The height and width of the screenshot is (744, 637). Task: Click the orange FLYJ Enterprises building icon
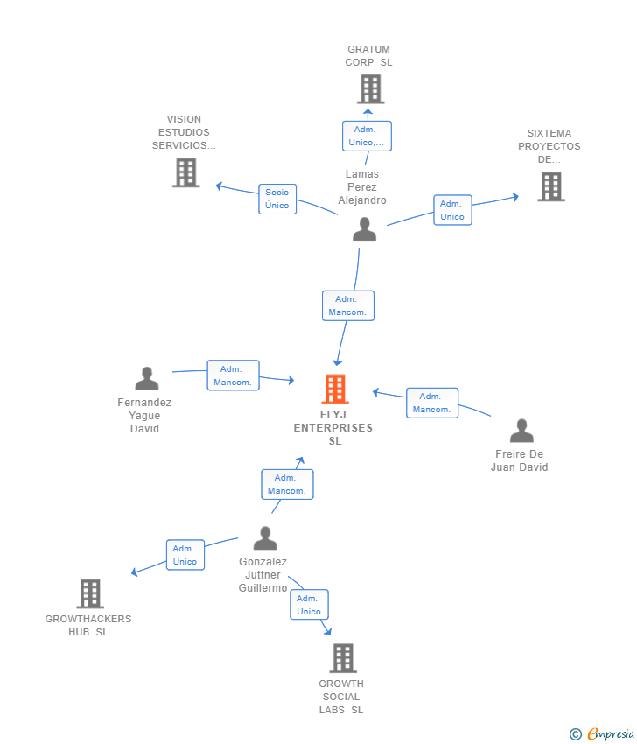pos(335,389)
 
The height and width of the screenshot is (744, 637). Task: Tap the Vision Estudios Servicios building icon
pos(185,172)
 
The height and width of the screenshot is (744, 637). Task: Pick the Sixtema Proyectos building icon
pos(550,186)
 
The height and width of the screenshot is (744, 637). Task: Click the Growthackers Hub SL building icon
pos(89,593)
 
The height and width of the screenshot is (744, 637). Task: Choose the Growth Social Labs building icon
pos(343,658)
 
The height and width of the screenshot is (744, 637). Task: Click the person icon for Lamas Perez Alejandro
pos(364,229)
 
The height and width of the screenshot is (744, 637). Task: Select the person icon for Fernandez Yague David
pos(147,379)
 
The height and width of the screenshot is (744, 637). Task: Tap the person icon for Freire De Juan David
pos(521,432)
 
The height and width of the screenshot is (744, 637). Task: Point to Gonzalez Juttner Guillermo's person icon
pos(264,538)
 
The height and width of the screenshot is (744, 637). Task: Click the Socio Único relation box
pos(277,199)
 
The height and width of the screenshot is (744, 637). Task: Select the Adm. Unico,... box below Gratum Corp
pos(367,136)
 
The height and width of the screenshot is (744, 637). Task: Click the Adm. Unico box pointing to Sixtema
pos(452,210)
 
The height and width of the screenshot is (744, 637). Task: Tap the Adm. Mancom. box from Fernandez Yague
pos(233,376)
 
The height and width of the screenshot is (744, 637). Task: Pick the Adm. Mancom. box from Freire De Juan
pos(432,403)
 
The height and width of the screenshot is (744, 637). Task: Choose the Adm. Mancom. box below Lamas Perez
pos(348,305)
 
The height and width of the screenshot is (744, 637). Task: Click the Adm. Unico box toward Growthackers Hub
pos(185,555)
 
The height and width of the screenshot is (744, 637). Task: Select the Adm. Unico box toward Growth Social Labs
pos(309,605)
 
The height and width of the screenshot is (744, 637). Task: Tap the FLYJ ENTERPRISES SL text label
pos(333,428)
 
